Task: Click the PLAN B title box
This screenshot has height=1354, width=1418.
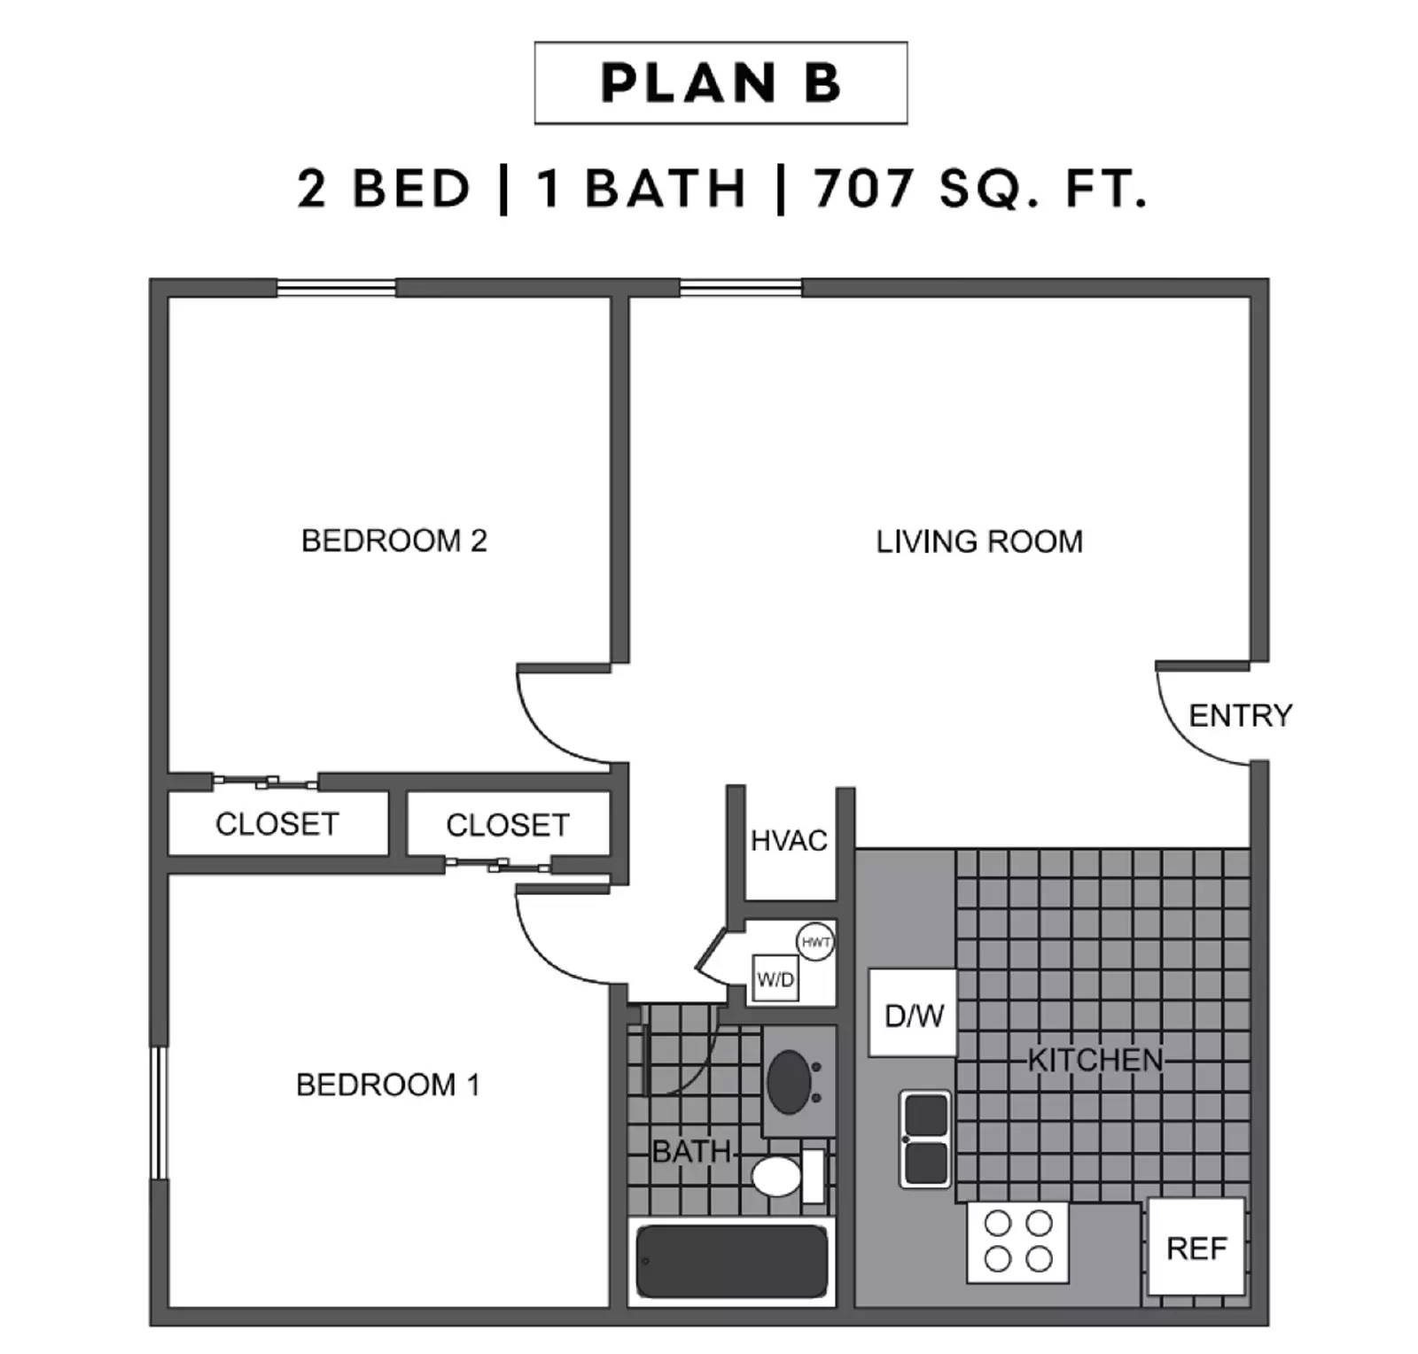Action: coord(720,82)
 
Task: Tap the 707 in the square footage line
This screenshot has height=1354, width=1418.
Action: coord(863,189)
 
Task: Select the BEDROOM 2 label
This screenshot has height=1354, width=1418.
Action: coord(394,541)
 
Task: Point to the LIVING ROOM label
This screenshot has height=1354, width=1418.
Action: coord(979,541)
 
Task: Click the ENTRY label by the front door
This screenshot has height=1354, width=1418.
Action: coord(1239,715)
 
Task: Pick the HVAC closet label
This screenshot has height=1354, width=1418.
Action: coord(789,840)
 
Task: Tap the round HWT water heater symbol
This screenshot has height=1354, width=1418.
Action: coord(814,942)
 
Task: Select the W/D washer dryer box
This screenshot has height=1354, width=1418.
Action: coord(775,979)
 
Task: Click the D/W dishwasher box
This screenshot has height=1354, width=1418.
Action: coord(913,1014)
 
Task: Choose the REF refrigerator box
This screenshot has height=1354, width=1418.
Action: coord(1196,1248)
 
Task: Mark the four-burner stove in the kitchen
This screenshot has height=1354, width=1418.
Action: coord(1017,1241)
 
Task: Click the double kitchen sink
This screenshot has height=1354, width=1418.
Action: coord(925,1139)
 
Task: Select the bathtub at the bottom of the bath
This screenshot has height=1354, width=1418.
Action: coord(731,1261)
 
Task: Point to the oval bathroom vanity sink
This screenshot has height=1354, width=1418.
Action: coord(790,1082)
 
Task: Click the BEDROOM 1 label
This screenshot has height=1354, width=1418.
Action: coord(387,1085)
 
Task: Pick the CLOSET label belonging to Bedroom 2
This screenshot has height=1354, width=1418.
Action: coord(277,824)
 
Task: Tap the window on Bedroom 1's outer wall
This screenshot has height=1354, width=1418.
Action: coord(158,1113)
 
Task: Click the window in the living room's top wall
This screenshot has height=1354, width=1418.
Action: coord(740,288)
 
